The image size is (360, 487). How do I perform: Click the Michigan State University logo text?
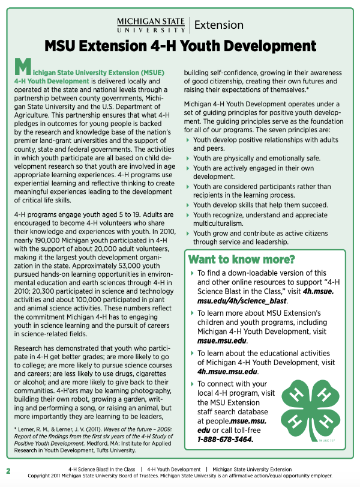(x=151, y=25)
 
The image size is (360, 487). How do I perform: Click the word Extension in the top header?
(x=219, y=25)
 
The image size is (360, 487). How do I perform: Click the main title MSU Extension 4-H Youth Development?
(x=180, y=46)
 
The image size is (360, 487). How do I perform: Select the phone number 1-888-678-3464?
(x=225, y=439)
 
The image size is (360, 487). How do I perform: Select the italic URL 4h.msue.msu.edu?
(x=225, y=371)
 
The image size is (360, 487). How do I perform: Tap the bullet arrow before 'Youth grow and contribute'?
(x=188, y=233)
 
